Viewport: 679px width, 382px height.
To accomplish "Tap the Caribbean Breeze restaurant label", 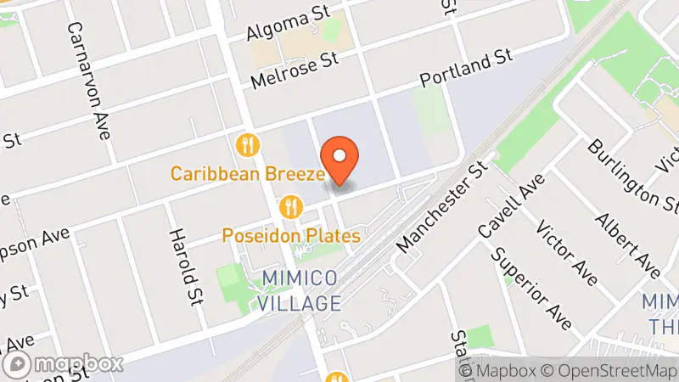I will (x=248, y=174).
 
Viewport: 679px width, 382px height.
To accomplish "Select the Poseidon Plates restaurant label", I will (x=292, y=235).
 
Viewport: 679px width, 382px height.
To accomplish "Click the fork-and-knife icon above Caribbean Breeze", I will (x=248, y=144).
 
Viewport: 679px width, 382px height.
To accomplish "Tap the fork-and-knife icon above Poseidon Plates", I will (x=292, y=205).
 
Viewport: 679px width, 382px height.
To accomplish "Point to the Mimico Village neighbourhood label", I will (x=300, y=290).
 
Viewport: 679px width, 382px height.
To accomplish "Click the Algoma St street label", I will (x=287, y=27).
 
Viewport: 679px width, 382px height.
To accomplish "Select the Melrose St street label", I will (x=295, y=70).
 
